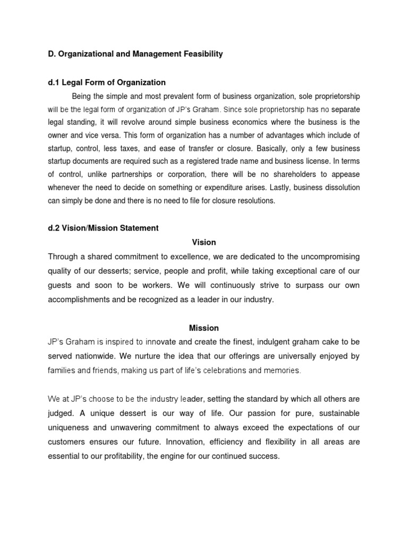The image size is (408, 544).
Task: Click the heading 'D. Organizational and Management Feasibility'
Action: pos(135,54)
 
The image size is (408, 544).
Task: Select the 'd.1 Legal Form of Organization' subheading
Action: pos(107,82)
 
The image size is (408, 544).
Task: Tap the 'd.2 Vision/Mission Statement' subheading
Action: pos(103,228)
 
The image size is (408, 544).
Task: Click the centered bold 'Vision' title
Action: pos(204,242)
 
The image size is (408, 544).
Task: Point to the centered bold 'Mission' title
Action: pos(204,328)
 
